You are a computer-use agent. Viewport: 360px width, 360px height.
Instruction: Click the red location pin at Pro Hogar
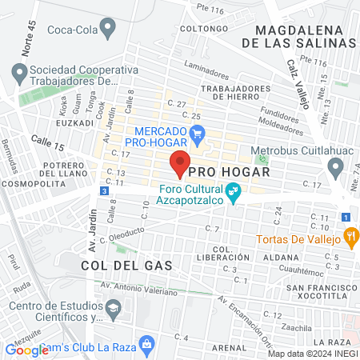(180, 163)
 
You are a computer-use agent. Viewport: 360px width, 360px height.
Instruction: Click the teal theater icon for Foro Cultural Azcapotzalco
(234, 192)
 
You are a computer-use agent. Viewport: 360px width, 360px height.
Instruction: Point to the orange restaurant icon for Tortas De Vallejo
(350, 235)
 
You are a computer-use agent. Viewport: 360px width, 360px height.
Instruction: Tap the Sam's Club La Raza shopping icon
(146, 343)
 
